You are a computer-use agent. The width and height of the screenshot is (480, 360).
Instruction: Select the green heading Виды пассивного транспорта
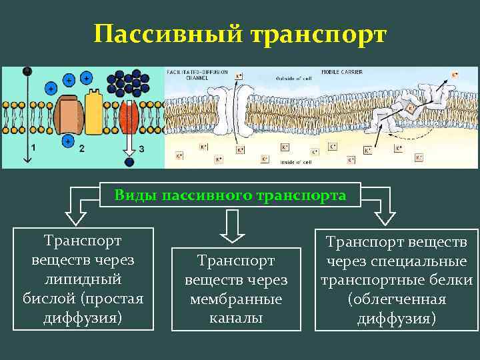tap(230, 195)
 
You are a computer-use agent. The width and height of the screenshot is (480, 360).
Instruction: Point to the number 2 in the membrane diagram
tap(82, 148)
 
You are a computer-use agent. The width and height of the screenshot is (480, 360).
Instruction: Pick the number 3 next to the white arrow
tap(141, 148)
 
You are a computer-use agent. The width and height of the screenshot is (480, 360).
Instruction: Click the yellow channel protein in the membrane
tap(94, 112)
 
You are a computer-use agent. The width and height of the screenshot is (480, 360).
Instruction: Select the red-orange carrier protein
tap(129, 113)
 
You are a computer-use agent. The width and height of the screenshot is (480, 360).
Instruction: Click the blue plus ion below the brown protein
tap(68, 140)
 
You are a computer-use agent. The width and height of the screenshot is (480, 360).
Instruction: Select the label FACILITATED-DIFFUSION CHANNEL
tap(189, 73)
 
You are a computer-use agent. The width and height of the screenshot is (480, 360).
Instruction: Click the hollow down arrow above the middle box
tap(231, 227)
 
